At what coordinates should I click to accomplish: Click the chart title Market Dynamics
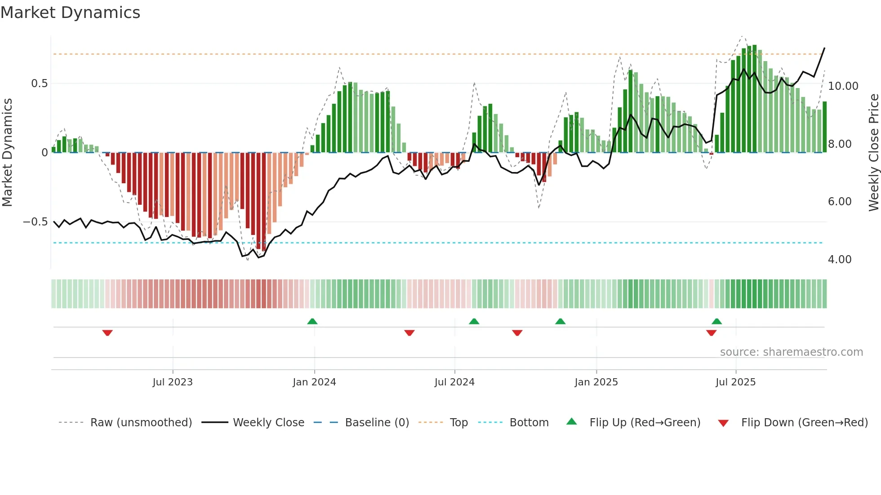(70, 13)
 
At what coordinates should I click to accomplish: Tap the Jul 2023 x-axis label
(173, 382)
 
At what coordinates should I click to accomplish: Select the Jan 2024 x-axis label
(314, 382)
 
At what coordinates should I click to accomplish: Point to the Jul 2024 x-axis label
(454, 382)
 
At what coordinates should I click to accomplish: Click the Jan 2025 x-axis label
(596, 382)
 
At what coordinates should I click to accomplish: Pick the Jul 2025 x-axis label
(736, 382)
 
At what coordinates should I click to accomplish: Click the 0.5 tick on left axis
(39, 84)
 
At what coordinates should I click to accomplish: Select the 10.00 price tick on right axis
(843, 86)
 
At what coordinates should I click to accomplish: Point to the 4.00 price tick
(840, 260)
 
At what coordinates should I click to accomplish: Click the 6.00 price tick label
(840, 202)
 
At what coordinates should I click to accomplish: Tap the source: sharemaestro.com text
(791, 352)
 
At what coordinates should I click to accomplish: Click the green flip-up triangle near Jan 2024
(312, 321)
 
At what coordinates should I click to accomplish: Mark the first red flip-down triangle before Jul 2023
(107, 333)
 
